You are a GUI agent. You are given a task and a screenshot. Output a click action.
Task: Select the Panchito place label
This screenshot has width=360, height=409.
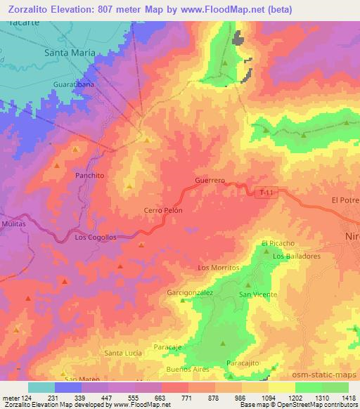[89, 175]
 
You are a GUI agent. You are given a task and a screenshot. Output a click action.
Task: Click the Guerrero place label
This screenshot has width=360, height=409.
[210, 181]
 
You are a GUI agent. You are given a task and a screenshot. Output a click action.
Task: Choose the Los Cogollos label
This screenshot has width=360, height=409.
[95, 238]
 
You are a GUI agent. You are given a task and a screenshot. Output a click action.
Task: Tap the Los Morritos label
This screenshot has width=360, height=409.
[219, 268]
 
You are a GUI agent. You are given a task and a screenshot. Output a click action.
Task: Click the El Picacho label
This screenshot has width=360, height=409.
[275, 243]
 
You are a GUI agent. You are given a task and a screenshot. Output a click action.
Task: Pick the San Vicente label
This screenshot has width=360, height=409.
[259, 294]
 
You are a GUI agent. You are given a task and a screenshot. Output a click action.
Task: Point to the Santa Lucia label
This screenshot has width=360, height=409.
[124, 352]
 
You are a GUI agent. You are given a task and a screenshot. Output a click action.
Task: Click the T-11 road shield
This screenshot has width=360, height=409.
[264, 192]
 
